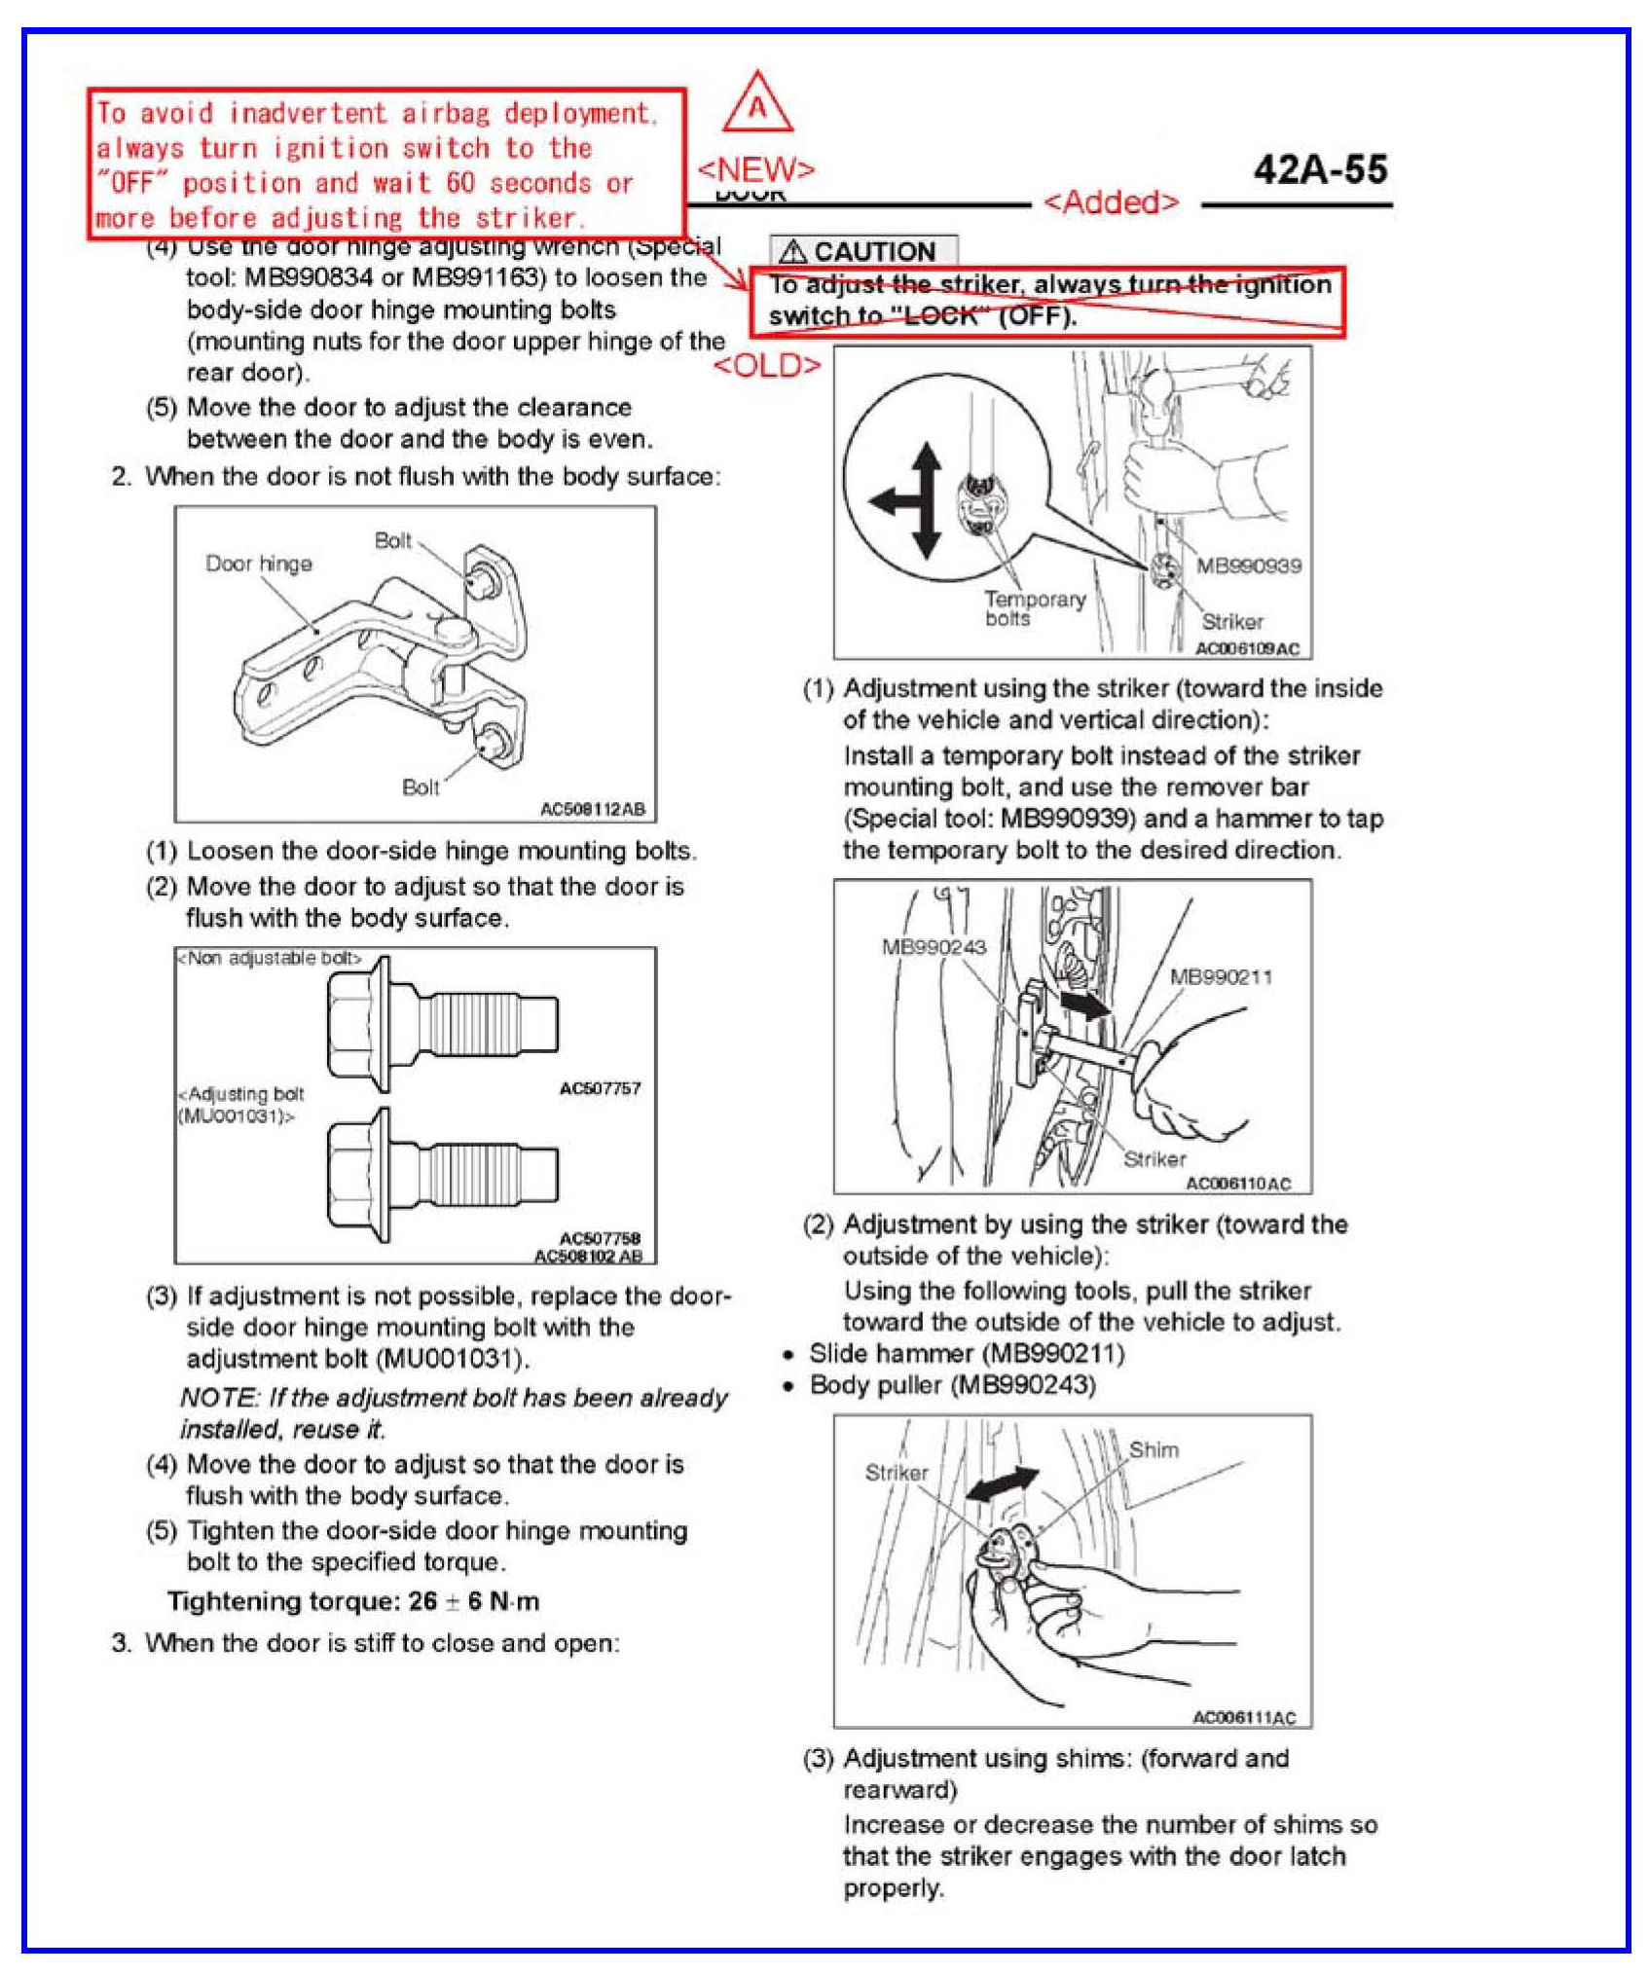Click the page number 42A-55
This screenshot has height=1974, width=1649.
point(1320,170)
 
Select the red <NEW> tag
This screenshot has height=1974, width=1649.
point(756,169)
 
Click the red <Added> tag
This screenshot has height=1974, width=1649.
point(1111,202)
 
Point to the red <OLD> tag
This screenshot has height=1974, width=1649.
point(767,366)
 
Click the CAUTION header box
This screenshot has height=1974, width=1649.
point(863,251)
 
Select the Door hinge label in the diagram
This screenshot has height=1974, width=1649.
point(259,564)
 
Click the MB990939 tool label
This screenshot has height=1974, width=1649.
point(1248,567)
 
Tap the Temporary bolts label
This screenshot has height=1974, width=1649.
point(1034,608)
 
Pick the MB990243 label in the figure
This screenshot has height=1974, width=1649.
point(934,947)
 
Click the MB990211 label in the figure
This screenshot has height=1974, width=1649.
point(1221,977)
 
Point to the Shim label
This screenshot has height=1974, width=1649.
point(1154,1450)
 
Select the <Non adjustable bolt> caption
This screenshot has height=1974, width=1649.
point(269,959)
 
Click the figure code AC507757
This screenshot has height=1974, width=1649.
point(600,1088)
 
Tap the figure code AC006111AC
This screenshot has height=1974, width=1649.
point(1244,1718)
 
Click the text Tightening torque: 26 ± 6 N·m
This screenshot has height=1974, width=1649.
point(353,1601)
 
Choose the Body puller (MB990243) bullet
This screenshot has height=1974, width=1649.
point(952,1385)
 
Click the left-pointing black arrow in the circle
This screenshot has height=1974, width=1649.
point(890,502)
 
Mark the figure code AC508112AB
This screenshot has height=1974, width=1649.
point(592,809)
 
